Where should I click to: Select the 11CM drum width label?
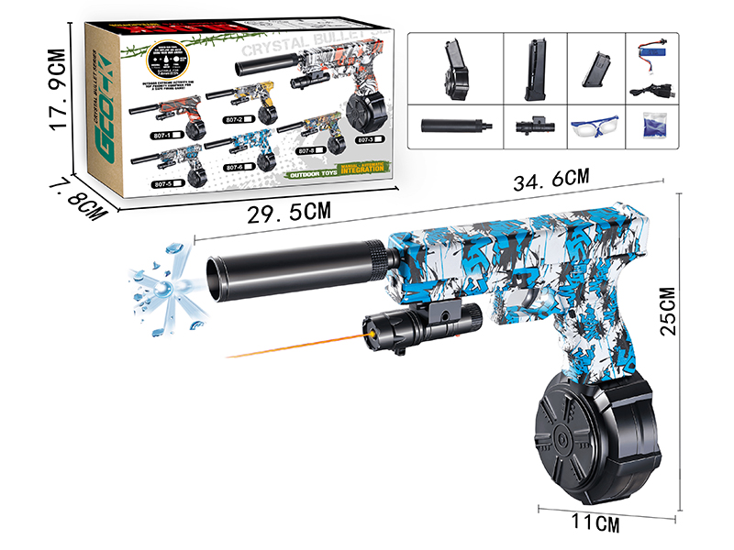point(589,524)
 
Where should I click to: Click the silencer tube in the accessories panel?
point(457,126)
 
